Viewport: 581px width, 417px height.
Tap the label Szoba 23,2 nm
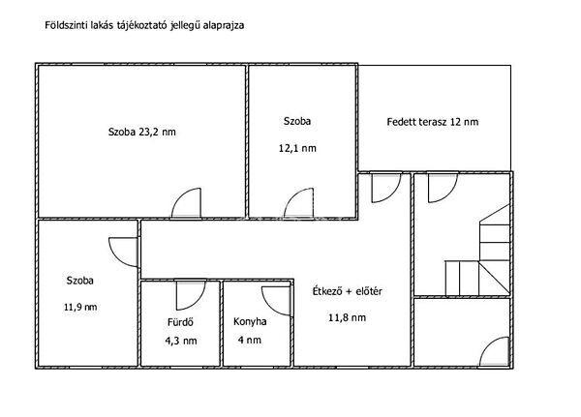pos(142,132)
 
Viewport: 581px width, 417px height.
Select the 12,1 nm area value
pos(297,148)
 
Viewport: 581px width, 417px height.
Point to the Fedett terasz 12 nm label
pos(433,122)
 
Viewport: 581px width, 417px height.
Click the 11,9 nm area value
pos(80,307)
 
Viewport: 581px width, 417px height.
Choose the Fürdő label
pos(180,322)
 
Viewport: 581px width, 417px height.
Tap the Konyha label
pos(250,321)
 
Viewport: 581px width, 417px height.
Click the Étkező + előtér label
pos(348,291)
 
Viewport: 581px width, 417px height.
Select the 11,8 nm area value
pos(348,317)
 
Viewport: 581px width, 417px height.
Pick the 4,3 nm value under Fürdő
pos(181,341)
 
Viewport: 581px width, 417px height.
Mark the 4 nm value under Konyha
pos(250,340)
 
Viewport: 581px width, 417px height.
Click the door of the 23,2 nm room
pos(187,203)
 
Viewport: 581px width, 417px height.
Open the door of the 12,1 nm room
pos(298,203)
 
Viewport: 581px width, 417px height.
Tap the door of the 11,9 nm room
pos(124,253)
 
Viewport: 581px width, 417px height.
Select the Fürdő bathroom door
pos(191,295)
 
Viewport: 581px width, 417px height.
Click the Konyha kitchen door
pos(276,301)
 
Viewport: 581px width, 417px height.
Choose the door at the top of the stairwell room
pos(443,188)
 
